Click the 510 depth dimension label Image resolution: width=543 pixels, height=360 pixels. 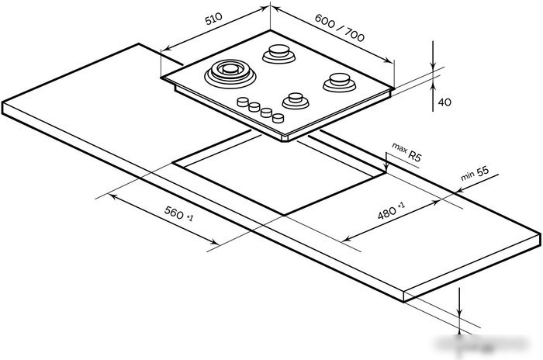(213, 19)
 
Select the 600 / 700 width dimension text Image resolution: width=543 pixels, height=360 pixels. (340, 28)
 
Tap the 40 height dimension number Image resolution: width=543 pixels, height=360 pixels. (444, 102)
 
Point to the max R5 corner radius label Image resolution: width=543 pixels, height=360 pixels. (407, 152)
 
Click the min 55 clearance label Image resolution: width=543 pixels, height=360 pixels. (475, 174)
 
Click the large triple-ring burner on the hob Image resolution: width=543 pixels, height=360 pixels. (230, 74)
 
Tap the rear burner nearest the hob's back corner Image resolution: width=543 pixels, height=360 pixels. (278, 54)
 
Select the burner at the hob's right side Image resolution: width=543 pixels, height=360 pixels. (340, 82)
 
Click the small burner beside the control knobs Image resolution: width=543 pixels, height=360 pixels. (296, 101)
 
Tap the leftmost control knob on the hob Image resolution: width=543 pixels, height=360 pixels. (243, 102)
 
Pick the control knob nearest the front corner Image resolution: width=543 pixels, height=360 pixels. (278, 118)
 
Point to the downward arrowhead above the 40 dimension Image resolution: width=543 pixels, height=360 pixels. (433, 65)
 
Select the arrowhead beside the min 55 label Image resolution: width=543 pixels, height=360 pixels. (461, 190)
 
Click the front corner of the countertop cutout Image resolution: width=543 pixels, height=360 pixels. (284, 215)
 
